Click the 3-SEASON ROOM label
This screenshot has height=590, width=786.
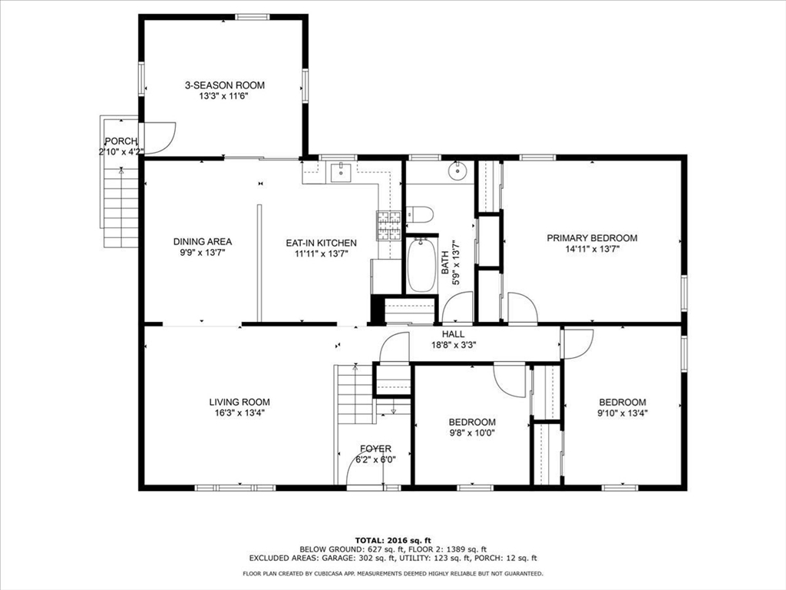[224, 85]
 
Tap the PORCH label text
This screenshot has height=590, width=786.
[121, 141]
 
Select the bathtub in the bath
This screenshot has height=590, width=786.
[421, 265]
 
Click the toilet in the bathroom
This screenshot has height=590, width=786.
[421, 214]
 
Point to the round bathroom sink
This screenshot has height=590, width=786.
[459, 170]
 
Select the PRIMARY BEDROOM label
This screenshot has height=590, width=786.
[591, 238]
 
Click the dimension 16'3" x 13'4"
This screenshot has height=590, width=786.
[239, 413]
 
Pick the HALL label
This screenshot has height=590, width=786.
[453, 334]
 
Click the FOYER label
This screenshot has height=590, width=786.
[375, 449]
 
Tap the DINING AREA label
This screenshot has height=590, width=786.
[202, 242]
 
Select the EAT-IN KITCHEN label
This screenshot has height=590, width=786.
[321, 243]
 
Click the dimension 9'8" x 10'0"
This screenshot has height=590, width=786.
[471, 433]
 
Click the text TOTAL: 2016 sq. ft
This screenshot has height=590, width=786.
[392, 540]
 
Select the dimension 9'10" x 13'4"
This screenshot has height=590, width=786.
[622, 413]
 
